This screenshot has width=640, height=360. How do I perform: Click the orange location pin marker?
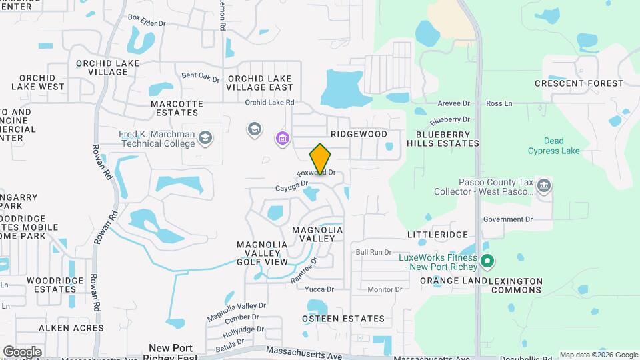click(x=321, y=159)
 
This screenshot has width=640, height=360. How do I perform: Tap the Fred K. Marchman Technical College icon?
click(x=205, y=138)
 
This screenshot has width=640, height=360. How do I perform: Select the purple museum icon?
click(x=282, y=139)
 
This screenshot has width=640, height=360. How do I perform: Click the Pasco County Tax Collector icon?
click(x=544, y=186)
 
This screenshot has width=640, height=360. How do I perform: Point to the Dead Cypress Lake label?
click(x=553, y=146)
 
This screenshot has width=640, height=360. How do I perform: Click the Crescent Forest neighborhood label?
click(x=579, y=83)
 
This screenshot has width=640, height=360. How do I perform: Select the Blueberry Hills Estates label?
click(x=443, y=139)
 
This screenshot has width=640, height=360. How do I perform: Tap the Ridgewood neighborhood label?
click(x=359, y=134)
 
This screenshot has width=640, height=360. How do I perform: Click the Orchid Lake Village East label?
click(x=260, y=83)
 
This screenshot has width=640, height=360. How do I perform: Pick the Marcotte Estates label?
click(x=177, y=109)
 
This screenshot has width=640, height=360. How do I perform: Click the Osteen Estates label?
click(x=343, y=319)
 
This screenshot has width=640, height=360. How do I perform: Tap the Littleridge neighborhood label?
click(x=437, y=235)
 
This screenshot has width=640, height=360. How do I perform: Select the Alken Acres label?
click(x=71, y=328)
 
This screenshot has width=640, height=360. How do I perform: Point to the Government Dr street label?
click(x=508, y=219)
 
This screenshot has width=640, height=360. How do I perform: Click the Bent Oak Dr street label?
click(x=200, y=77)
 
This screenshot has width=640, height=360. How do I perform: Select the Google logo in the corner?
click(x=22, y=351)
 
